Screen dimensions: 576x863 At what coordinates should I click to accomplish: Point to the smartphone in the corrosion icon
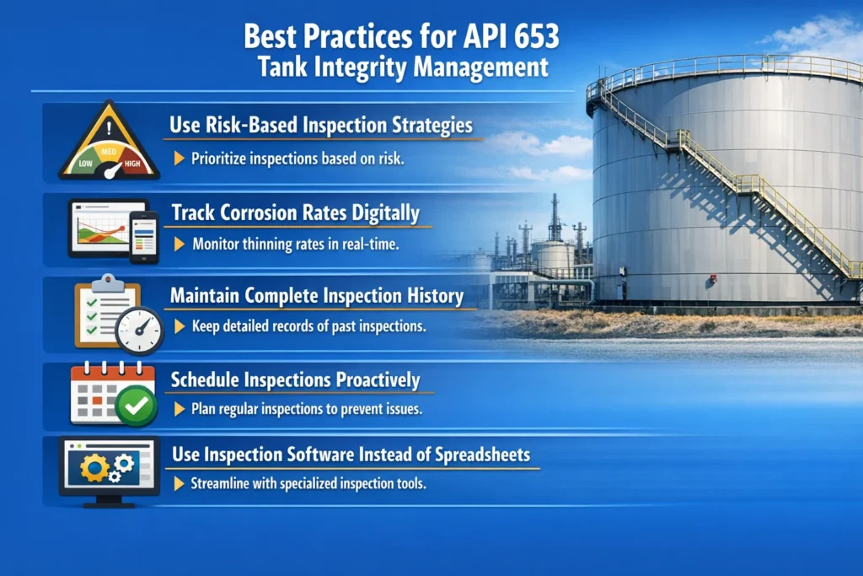143,237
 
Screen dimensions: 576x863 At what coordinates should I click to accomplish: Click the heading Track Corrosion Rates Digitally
295,213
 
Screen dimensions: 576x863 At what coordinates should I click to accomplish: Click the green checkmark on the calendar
136,407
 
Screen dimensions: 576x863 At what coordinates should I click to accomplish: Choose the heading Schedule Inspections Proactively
295,380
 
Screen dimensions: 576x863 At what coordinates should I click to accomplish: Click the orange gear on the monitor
94,469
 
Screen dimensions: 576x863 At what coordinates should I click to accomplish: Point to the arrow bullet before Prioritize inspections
179,159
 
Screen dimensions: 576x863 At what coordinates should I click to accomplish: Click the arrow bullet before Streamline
179,484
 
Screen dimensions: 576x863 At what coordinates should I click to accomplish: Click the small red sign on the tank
713,277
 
